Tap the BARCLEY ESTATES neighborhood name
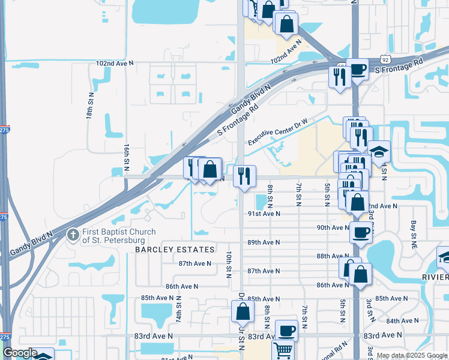point(175,249)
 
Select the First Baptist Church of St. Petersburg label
point(119,236)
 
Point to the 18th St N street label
point(91,105)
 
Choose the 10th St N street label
point(229,263)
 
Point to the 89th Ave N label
point(263,242)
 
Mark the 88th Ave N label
point(332,256)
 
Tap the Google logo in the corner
point(20,353)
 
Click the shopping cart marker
point(283,349)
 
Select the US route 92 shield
point(385,60)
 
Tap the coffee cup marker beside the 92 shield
point(358,70)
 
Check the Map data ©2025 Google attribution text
point(412,355)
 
